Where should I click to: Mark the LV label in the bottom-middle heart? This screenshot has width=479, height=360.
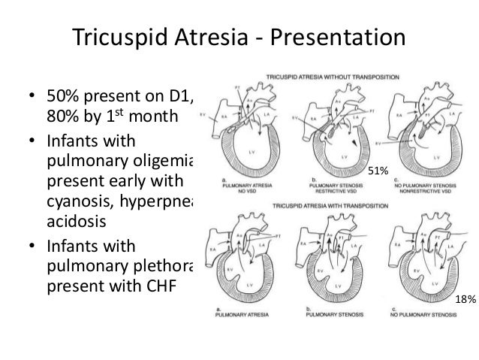pyautogui.click(x=337, y=287)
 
